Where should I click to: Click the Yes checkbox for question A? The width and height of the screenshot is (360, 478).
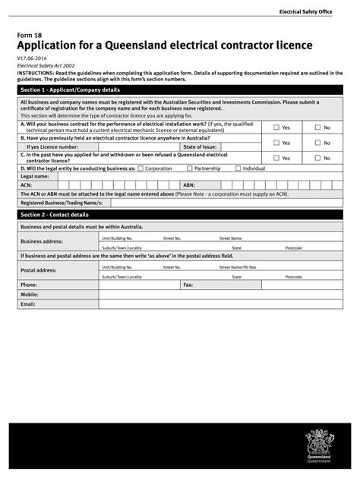(x=276, y=127)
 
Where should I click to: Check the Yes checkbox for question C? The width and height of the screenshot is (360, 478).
(x=276, y=158)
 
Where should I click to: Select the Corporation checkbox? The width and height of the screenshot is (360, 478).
(x=141, y=168)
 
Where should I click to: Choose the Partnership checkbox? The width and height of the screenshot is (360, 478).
(x=189, y=168)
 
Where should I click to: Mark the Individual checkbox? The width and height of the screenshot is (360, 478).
(x=238, y=168)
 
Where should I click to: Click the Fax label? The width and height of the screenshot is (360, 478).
(x=188, y=285)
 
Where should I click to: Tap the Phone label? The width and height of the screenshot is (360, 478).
(x=29, y=285)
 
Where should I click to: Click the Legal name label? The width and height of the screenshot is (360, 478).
(x=35, y=176)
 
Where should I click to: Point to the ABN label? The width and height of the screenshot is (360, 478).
(x=189, y=184)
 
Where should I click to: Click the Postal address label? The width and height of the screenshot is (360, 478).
(x=39, y=270)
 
